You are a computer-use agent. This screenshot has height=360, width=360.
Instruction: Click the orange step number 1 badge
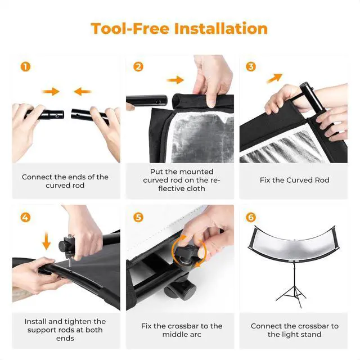tap(25, 67)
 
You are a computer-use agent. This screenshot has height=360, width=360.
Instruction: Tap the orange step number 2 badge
tap(138, 67)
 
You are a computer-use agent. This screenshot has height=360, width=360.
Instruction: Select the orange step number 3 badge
tap(251, 67)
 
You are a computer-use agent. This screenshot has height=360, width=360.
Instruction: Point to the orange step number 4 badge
tap(25, 217)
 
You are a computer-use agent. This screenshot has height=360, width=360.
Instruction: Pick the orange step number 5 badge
tap(138, 217)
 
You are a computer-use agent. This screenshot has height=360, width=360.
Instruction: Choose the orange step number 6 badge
tap(251, 217)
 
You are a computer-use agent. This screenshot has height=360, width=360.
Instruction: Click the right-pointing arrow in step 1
tap(51, 92)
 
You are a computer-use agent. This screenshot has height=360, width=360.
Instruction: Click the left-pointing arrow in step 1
tap(83, 92)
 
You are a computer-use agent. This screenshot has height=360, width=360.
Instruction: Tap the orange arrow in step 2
tap(175, 80)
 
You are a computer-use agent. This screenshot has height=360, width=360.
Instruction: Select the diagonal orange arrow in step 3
tap(274, 78)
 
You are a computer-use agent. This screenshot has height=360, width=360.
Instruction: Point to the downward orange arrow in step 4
tap(46, 241)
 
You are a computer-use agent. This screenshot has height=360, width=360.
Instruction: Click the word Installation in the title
tap(221, 29)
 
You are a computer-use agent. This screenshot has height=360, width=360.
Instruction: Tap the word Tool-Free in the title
tap(130, 29)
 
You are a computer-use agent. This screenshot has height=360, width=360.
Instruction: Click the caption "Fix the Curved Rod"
tap(294, 180)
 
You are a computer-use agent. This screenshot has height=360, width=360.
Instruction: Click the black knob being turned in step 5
tap(187, 252)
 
